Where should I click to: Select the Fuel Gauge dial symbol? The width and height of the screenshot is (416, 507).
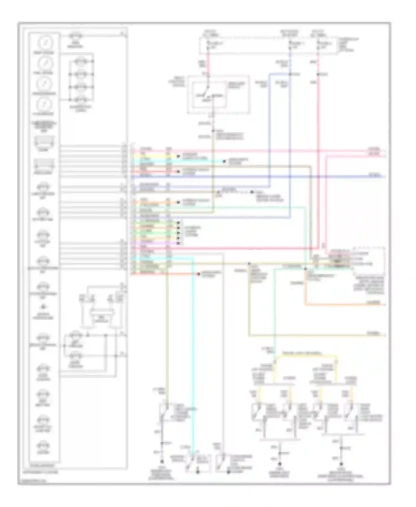click(44, 63)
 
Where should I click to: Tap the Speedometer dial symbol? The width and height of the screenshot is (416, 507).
click(44, 84)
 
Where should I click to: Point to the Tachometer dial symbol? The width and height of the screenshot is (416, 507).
click(44, 104)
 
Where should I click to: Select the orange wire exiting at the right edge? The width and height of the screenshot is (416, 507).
click(347, 305)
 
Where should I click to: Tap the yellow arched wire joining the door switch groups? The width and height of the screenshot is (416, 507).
click(305, 355)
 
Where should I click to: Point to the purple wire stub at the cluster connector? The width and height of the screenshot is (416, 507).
click(155, 243)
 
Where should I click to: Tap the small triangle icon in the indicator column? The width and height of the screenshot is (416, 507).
click(44, 307)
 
